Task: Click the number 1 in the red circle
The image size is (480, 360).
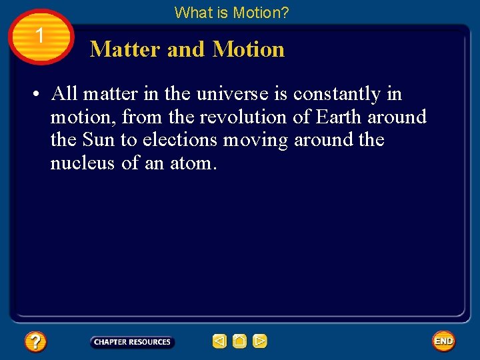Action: pos(41,35)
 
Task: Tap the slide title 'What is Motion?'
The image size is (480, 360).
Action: pos(231,12)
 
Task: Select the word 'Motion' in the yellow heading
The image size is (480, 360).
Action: pos(248,49)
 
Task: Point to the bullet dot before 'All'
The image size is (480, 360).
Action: pos(33,95)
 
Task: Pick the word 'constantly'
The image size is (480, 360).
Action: pos(336,94)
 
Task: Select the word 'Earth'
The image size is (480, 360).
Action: pos(339,117)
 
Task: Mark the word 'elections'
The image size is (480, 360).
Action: pos(180,141)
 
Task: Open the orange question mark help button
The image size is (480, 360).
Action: pos(35,342)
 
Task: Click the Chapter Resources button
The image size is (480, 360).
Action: pos(132,342)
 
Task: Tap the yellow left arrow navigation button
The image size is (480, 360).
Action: pos(219,341)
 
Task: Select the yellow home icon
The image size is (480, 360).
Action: pos(239,341)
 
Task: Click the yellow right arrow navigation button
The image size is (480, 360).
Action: pos(260,341)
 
